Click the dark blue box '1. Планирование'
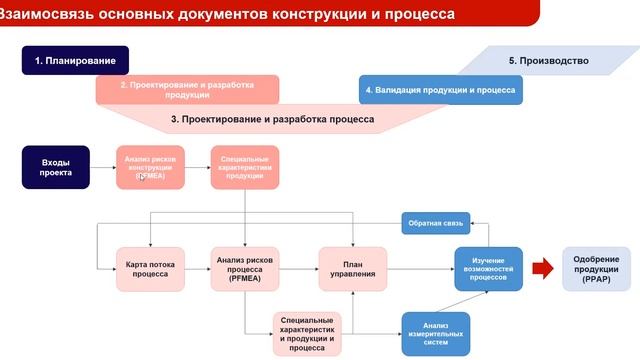click(76, 61)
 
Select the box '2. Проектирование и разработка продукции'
click(187, 90)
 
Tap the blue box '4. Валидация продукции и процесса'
click(440, 90)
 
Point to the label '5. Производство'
click(548, 61)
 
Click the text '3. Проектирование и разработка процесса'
click(272, 119)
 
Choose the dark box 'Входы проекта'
click(56, 167)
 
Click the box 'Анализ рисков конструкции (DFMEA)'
click(150, 167)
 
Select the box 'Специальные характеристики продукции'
click(244, 167)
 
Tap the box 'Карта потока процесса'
click(150, 269)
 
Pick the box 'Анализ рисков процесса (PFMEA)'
click(244, 269)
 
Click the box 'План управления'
click(352, 269)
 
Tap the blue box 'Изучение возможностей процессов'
click(488, 269)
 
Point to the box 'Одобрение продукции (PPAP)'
click(596, 269)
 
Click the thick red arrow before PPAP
click(541, 268)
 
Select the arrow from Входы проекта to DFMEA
click(102, 167)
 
